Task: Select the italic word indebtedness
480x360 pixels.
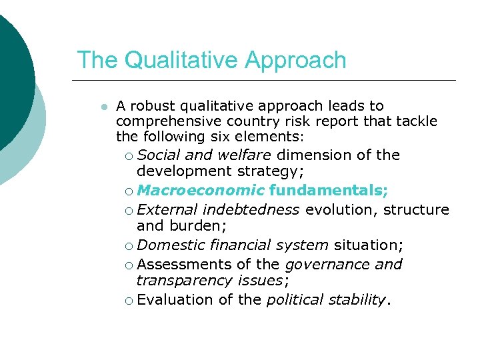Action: [x=251, y=210]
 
